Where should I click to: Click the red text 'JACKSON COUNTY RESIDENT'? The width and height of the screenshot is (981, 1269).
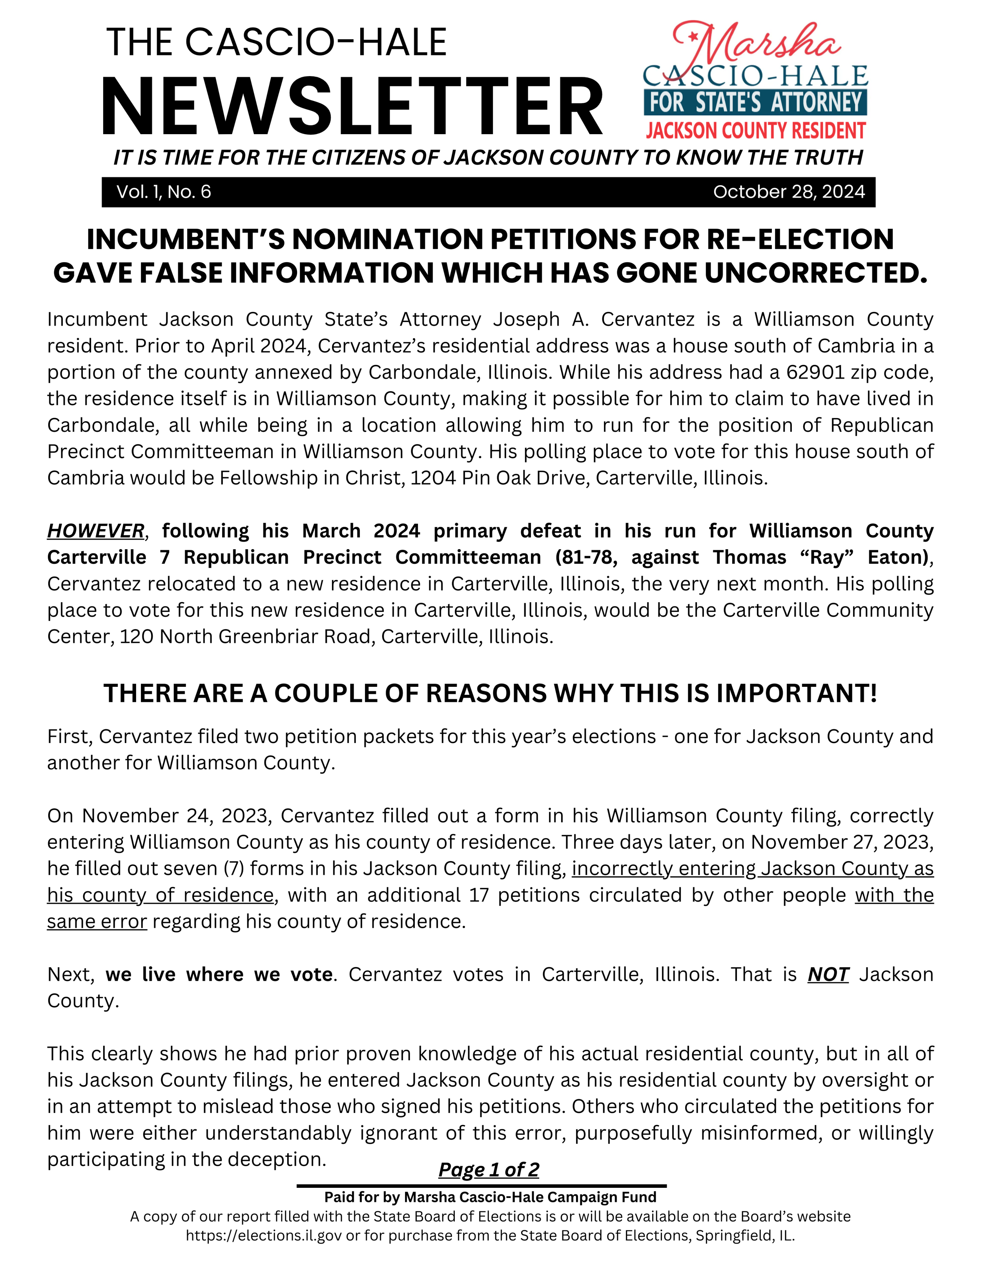pyautogui.click(x=755, y=131)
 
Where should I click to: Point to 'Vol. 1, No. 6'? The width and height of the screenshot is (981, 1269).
pyautogui.click(x=164, y=192)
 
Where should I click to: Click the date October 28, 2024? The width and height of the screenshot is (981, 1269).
pyautogui.click(x=789, y=192)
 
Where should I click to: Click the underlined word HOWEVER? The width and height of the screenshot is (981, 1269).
pyautogui.click(x=96, y=530)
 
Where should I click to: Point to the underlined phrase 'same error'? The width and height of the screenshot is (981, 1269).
pyautogui.click(x=97, y=921)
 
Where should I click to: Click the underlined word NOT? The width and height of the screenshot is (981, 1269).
pyautogui.click(x=828, y=974)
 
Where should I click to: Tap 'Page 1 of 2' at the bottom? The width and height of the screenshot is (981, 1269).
pyautogui.click(x=489, y=1169)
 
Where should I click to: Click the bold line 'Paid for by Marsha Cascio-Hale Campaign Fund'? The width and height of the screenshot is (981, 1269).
pyautogui.click(x=490, y=1197)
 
